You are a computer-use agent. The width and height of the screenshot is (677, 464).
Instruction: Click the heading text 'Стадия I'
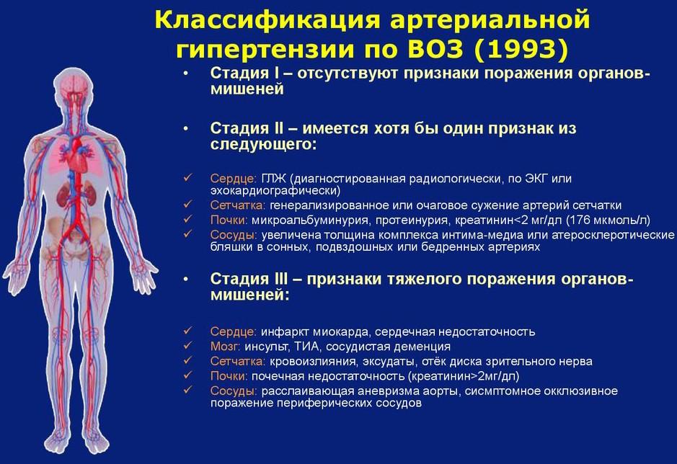245,73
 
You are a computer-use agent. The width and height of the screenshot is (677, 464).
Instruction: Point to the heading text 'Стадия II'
247,128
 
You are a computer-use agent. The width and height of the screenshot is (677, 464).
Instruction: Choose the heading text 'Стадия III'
249,279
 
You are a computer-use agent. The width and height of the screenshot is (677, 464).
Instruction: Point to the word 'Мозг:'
226,347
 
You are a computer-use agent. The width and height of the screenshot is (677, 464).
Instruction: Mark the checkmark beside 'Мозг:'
188,345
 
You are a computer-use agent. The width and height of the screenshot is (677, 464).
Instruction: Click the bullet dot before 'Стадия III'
186,280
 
